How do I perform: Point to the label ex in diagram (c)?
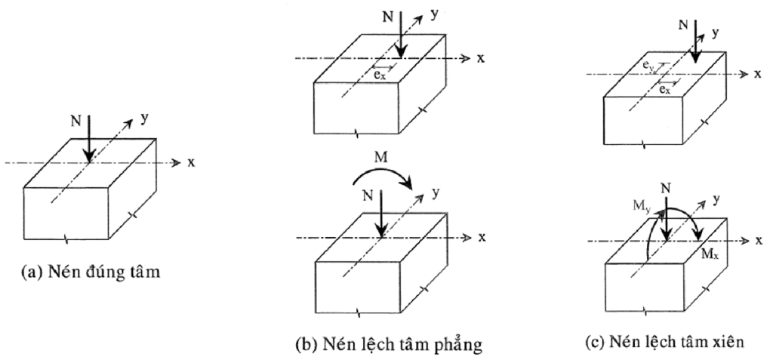665,89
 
